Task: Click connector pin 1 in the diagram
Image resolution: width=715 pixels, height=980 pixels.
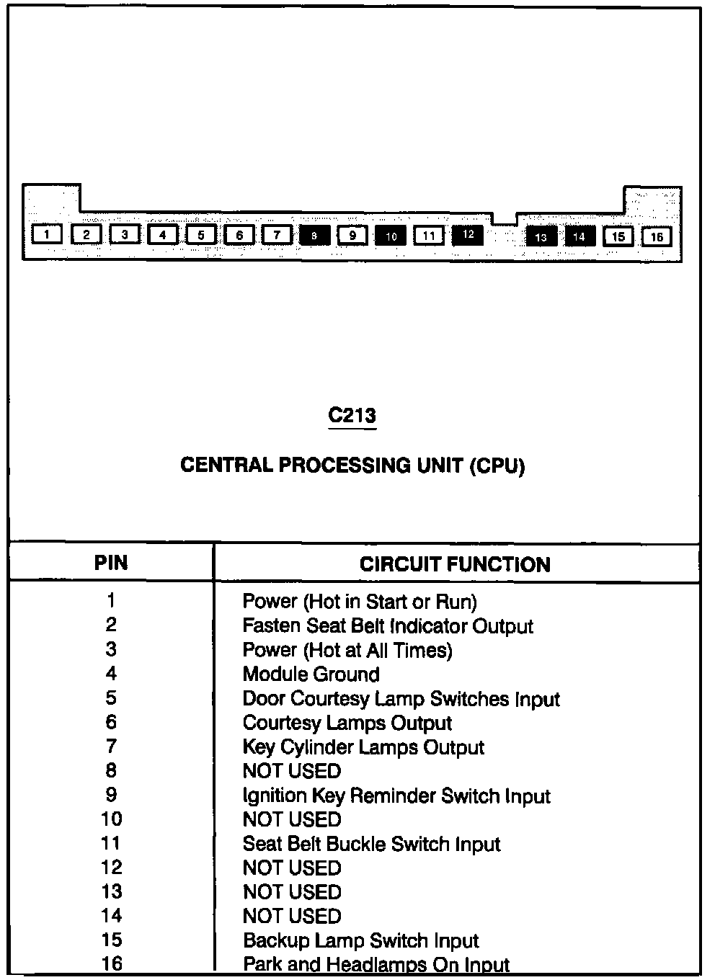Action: [47, 234]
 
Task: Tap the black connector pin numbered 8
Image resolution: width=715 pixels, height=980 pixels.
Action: [314, 235]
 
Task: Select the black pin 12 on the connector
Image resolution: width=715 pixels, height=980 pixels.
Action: [468, 234]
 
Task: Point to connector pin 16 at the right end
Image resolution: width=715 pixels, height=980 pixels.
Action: [656, 236]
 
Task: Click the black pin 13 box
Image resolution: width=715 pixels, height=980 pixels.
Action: [541, 236]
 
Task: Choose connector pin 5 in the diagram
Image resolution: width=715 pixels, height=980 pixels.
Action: [201, 235]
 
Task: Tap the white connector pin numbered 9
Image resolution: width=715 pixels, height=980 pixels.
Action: [352, 235]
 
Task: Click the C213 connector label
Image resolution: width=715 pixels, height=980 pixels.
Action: [352, 416]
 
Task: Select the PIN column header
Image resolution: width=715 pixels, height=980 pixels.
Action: [111, 563]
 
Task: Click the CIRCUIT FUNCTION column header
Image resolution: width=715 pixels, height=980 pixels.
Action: [455, 564]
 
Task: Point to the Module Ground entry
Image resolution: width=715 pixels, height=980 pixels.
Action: [311, 674]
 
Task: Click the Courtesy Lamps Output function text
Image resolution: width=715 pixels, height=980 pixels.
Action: [347, 723]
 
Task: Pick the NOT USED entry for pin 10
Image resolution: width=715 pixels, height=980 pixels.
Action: [291, 819]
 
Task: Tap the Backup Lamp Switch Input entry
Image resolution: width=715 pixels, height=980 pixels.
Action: [360, 940]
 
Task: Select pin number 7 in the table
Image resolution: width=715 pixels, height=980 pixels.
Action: [111, 747]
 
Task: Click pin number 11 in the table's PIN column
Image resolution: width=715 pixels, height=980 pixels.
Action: [112, 843]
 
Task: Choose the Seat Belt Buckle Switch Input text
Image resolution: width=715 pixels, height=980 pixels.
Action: [371, 844]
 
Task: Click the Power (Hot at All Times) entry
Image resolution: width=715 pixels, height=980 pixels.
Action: [347, 650]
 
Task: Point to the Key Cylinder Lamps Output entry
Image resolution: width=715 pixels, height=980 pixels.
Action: [363, 747]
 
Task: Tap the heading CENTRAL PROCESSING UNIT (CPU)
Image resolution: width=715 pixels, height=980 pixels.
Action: [352, 465]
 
